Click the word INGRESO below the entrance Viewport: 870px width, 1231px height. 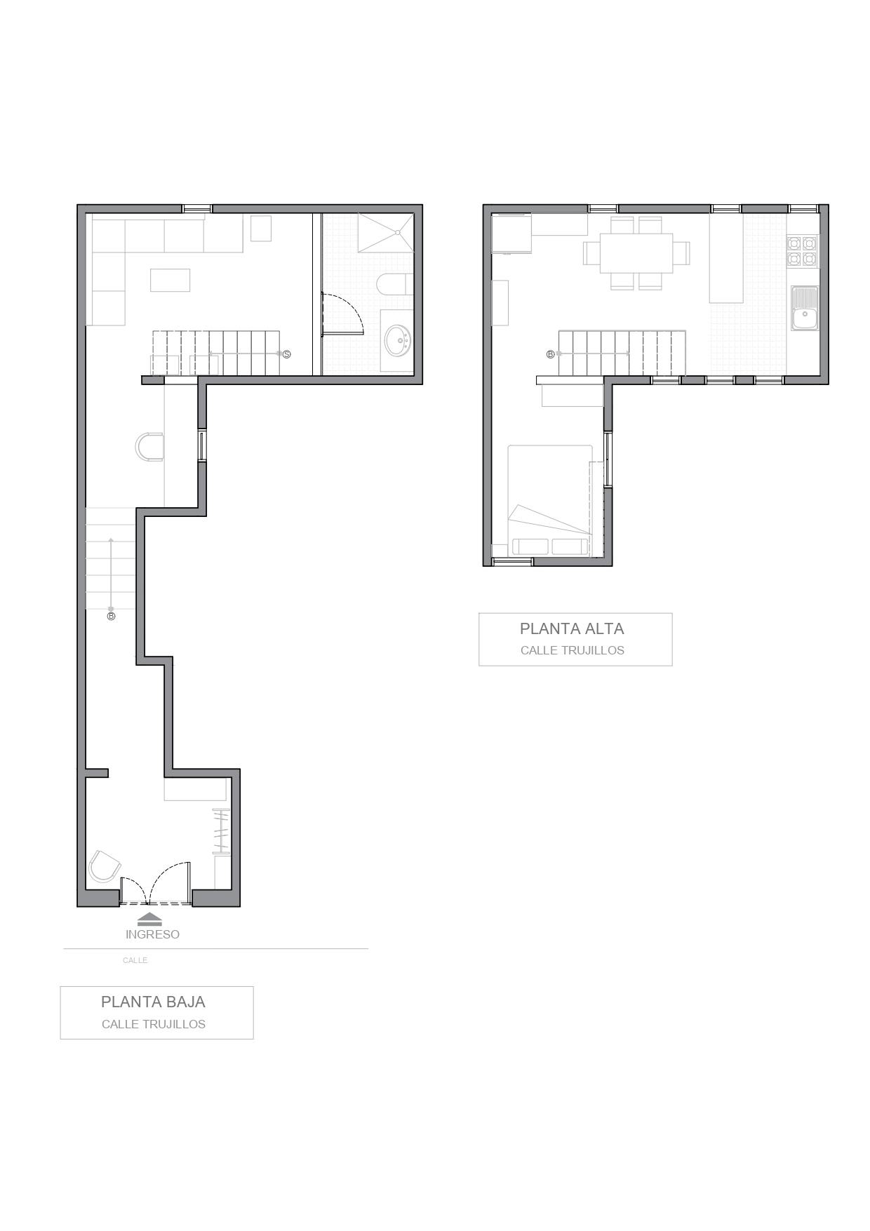[x=152, y=934]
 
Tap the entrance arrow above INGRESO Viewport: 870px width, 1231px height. [x=149, y=919]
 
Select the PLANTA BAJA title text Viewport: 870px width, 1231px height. [x=153, y=1002]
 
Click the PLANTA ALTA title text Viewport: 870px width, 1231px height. [x=572, y=628]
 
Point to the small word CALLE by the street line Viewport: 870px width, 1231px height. [x=135, y=960]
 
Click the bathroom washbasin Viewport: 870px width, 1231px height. [x=398, y=340]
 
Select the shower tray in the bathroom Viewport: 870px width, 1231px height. [x=385, y=233]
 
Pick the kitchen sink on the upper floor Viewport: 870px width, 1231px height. [x=805, y=308]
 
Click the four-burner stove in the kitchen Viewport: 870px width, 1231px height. [x=802, y=251]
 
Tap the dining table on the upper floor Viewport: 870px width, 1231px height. [x=636, y=253]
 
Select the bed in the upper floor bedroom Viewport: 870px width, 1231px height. [x=550, y=500]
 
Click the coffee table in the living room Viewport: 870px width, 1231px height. [x=170, y=280]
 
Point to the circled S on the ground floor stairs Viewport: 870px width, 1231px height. [x=286, y=354]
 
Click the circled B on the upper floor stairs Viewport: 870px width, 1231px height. [x=550, y=354]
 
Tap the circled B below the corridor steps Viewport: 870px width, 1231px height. [x=111, y=617]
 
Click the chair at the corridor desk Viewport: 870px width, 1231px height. [x=149, y=447]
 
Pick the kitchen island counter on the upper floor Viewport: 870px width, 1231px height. [x=726, y=258]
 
